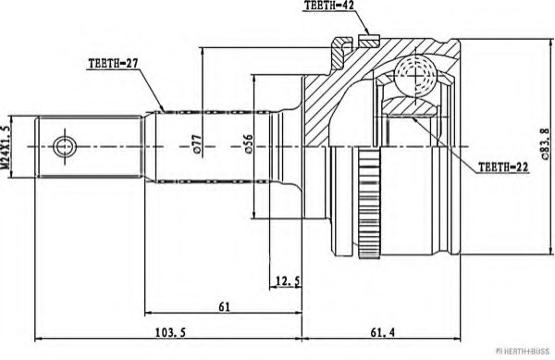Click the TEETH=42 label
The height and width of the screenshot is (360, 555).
[x=330, y=7]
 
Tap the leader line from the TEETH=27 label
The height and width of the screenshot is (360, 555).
[x=155, y=93]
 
